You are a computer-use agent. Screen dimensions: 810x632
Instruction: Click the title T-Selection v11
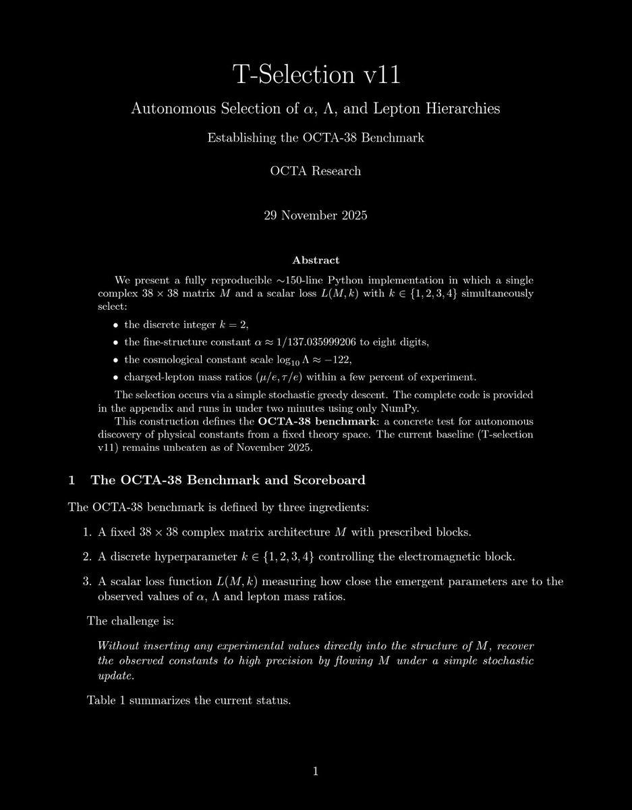tap(316, 75)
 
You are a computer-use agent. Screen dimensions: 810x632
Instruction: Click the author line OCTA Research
tap(316, 171)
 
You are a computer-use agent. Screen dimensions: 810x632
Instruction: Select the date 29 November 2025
tap(316, 217)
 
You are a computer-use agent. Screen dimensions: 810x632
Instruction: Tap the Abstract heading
tap(316, 260)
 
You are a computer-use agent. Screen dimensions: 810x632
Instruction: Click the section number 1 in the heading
tap(71, 481)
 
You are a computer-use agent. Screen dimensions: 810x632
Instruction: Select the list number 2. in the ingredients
tap(87, 557)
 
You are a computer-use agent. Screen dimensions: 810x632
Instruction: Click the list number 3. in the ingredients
tap(87, 581)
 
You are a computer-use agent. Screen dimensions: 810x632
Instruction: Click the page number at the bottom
tap(316, 772)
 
